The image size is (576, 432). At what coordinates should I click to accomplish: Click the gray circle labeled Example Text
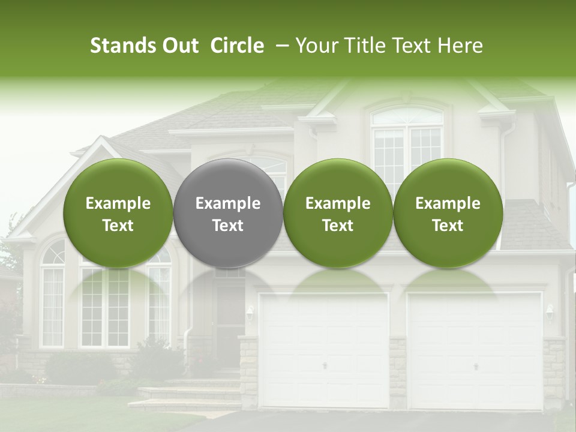coord(228,214)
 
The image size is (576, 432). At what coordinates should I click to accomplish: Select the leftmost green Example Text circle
coord(118,214)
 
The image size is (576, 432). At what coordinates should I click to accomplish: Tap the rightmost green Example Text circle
coord(448,214)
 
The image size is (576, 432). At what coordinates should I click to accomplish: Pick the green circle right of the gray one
coord(338,214)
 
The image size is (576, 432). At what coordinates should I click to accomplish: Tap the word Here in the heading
coord(462,46)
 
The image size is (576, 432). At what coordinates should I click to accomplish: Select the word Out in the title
coord(179,46)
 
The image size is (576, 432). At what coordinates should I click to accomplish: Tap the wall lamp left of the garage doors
coord(250,311)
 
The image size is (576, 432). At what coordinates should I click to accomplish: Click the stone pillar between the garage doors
coord(397,372)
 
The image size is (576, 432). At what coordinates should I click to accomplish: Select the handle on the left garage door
coord(325,366)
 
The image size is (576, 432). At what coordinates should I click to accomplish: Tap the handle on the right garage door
coord(476,366)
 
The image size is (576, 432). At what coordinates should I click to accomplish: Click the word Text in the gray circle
coord(228,226)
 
